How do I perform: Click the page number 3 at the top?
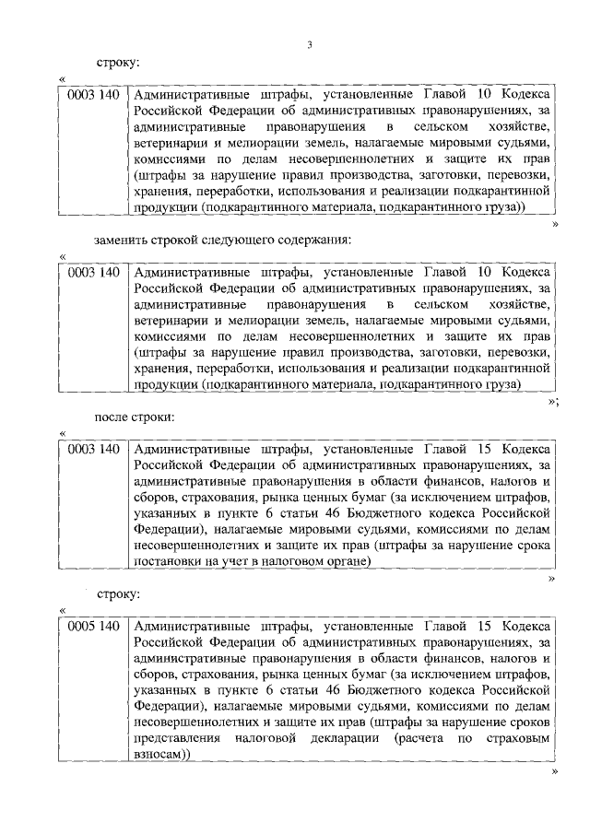(x=310, y=43)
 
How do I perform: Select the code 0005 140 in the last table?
(x=93, y=627)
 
